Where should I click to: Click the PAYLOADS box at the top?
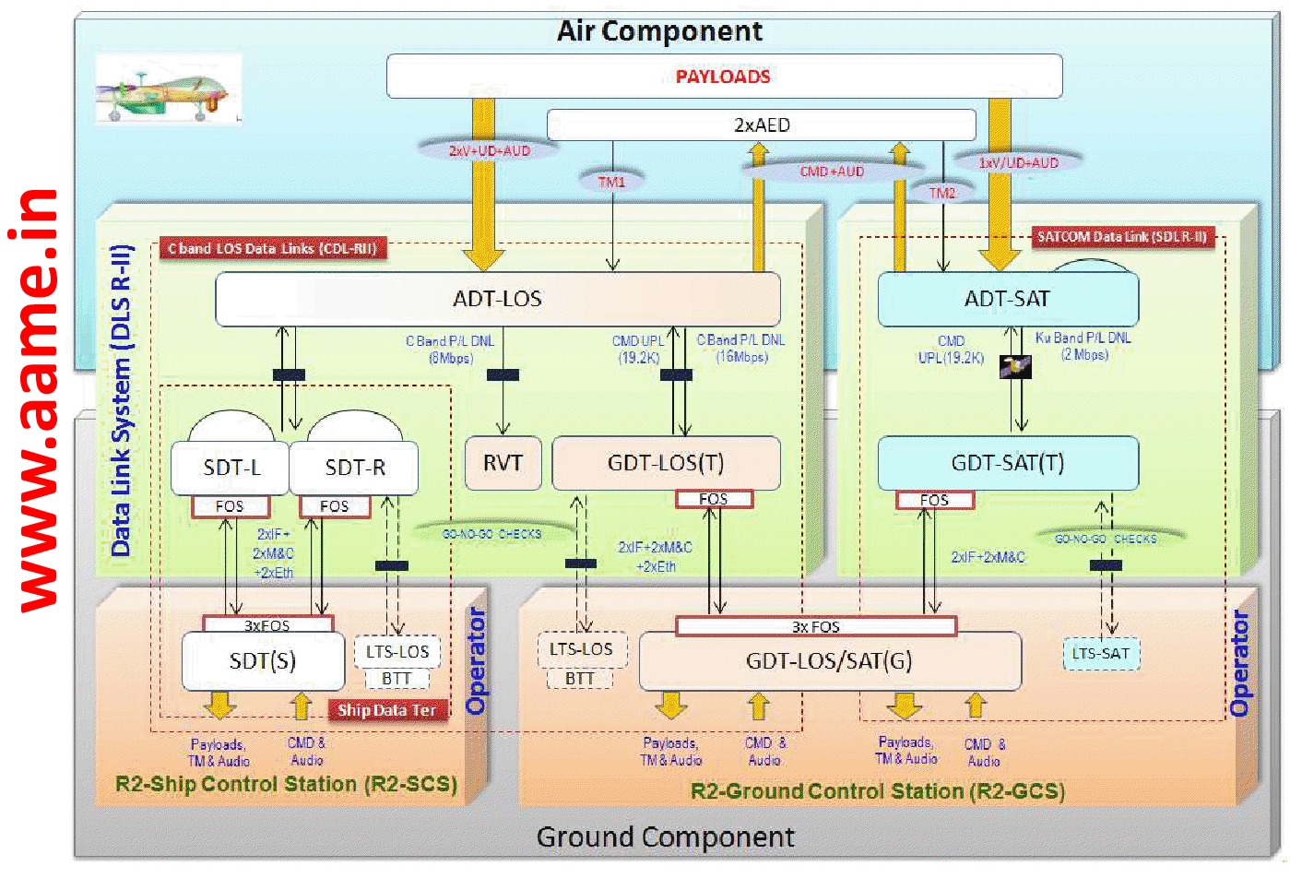coord(724,77)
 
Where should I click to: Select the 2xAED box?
coord(761,125)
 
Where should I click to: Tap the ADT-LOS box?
coord(497,299)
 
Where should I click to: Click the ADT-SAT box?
coord(1007,299)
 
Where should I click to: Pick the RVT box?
coord(503,463)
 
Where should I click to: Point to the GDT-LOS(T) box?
coord(665,463)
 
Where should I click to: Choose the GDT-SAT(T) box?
coord(1007,463)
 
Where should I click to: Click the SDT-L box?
coord(231,469)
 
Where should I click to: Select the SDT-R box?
coord(354,469)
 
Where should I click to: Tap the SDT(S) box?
coord(262,661)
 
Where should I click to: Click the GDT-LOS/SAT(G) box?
coord(829,661)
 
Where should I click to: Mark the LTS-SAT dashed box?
coord(1100,654)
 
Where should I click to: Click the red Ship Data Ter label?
coord(386,710)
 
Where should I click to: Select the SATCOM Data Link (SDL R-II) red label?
coord(1121,237)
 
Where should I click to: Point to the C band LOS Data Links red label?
coord(272,248)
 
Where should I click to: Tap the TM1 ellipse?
coord(611,182)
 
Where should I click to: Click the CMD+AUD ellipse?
coord(832,171)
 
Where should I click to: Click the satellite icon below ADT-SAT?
coord(1015,367)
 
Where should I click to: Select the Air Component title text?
coord(659,31)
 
